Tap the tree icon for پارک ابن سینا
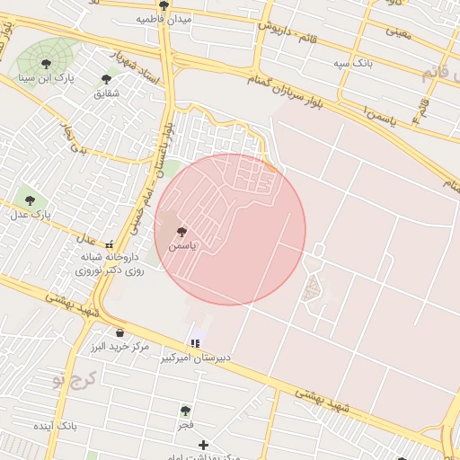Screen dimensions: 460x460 tap(46, 64)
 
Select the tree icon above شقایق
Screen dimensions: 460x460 tap(106, 79)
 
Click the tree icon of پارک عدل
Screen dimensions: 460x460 tap(31, 199)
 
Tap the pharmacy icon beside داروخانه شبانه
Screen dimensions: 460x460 tap(110, 243)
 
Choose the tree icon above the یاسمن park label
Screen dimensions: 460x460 tap(182, 231)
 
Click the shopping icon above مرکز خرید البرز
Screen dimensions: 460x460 tap(119, 332)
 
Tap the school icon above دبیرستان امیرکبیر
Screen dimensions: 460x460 tap(195, 343)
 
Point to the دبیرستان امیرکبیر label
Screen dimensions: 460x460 tap(196, 358)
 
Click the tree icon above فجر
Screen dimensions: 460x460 tap(185, 410)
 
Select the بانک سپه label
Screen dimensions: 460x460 tap(351, 64)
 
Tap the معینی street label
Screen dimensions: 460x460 tap(398, 33)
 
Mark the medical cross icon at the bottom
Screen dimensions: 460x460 tap(204, 444)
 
